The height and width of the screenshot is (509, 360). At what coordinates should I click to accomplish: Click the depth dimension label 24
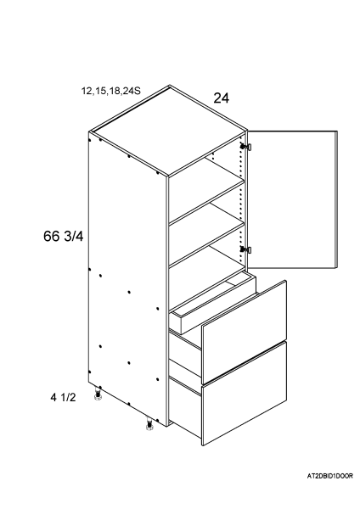(222, 98)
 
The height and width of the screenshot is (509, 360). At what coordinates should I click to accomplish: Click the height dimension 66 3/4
(64, 236)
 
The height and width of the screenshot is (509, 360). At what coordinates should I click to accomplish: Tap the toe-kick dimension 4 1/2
(63, 397)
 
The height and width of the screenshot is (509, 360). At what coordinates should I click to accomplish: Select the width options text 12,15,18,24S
(110, 91)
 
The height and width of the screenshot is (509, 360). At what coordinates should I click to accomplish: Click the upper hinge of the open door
(246, 147)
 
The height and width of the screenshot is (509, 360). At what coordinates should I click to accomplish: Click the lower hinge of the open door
(246, 249)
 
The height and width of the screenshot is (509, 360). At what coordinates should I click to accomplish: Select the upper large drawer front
(245, 332)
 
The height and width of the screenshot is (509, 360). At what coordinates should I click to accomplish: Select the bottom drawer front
(245, 394)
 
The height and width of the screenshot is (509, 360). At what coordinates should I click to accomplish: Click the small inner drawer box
(214, 305)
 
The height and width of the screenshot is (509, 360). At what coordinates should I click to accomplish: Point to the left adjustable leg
(97, 394)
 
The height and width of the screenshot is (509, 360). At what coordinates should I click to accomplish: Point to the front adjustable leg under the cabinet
(149, 424)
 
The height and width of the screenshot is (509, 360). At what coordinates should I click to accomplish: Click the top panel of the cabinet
(169, 131)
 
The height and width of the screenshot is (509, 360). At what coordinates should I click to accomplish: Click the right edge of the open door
(336, 199)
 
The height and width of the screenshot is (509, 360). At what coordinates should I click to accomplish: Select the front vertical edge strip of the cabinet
(168, 301)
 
